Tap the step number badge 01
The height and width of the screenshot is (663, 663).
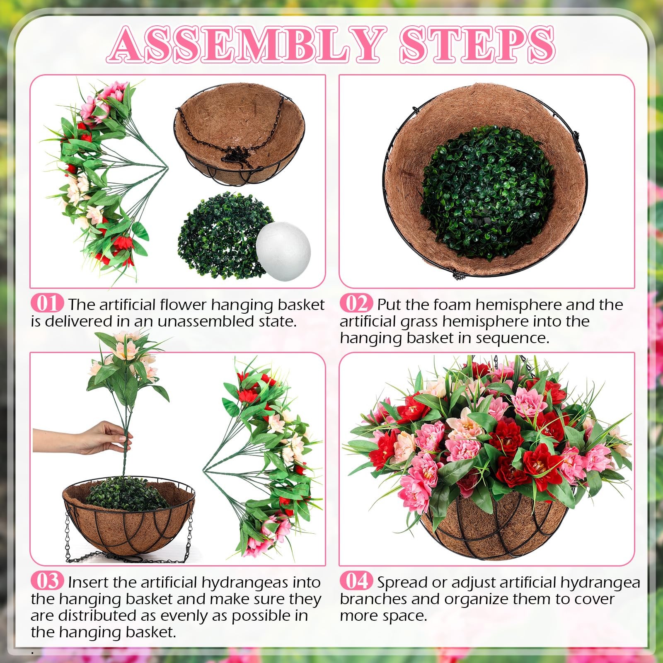click(47, 303)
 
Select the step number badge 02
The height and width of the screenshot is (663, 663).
click(356, 303)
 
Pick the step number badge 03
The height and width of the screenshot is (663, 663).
click(47, 581)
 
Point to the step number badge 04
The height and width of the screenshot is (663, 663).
click(356, 581)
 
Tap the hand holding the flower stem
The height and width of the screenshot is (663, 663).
click(83, 438)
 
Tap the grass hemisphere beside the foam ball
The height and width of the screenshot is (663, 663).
click(222, 235)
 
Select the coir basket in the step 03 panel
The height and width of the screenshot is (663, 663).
click(128, 518)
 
